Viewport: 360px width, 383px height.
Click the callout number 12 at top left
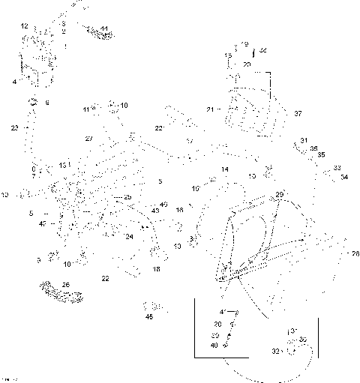[x=25, y=26]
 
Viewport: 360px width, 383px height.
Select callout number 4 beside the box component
[x=13, y=81]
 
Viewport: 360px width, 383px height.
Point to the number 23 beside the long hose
[x=14, y=128]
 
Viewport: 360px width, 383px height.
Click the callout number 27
[x=88, y=139]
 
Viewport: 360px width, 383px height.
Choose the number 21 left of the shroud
[x=211, y=110]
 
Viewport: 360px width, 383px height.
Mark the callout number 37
[x=298, y=113]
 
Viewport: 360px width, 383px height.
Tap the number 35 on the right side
[x=321, y=155]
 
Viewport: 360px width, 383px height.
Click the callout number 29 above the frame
[x=280, y=194]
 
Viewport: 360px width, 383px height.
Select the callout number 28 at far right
[x=355, y=253]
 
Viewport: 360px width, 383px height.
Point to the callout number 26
[x=66, y=285]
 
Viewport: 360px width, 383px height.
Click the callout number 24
[x=129, y=237]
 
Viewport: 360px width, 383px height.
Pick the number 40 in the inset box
[x=214, y=345]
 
